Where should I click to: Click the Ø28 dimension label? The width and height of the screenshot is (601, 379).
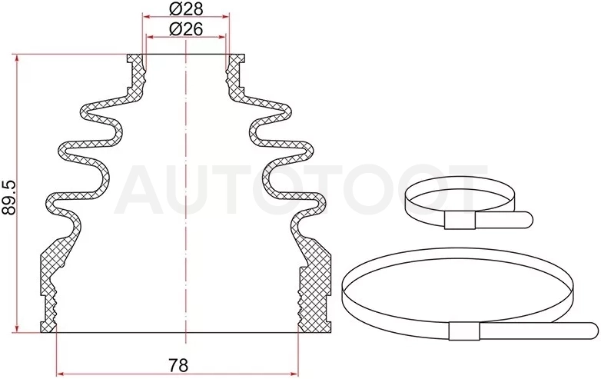[x=186, y=8]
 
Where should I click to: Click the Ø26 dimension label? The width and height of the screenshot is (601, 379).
[x=186, y=29]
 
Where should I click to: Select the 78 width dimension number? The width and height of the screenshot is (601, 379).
[x=178, y=366]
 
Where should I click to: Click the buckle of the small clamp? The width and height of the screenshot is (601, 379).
[x=460, y=221]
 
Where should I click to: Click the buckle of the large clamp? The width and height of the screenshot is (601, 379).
[x=464, y=331]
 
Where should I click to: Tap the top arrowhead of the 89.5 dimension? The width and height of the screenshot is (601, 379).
[x=17, y=58]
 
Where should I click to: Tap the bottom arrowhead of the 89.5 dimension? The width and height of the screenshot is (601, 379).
[x=17, y=329]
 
